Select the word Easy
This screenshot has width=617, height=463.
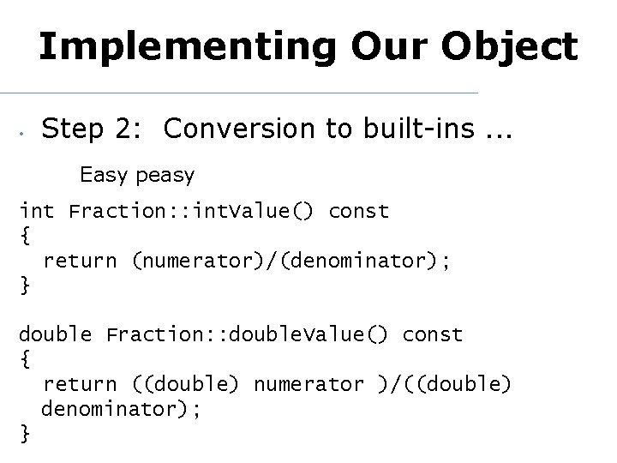pyautogui.click(x=102, y=176)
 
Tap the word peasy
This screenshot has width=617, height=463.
pyautogui.click(x=162, y=177)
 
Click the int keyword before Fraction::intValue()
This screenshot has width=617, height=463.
pyautogui.click(x=36, y=211)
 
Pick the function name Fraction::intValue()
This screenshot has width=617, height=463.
pyautogui.click(x=192, y=211)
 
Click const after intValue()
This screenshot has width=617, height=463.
pyautogui.click(x=358, y=211)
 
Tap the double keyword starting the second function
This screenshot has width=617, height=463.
pyautogui.click(x=55, y=334)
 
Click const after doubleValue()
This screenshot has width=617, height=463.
pyautogui.click(x=432, y=334)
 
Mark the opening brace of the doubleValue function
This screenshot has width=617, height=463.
pyautogui.click(x=24, y=359)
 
